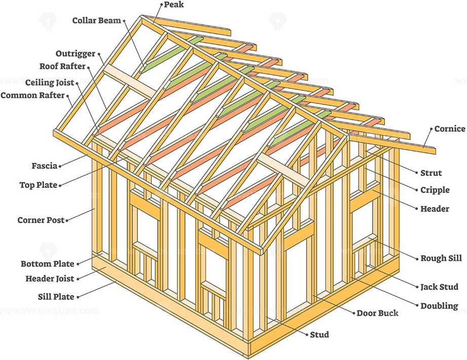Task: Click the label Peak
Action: tap(173, 5)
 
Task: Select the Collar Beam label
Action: tap(96, 21)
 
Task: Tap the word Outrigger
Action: tap(76, 54)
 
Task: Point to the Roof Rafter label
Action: tap(62, 66)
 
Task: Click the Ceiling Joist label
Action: tap(50, 82)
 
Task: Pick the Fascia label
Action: tap(44, 165)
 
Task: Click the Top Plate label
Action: tap(38, 185)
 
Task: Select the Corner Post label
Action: tap(41, 220)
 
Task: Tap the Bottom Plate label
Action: tap(47, 264)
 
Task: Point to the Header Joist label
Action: tap(50, 278)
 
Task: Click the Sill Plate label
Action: tap(56, 297)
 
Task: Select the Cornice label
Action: tap(449, 129)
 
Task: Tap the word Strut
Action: tap(431, 173)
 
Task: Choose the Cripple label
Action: tap(435, 190)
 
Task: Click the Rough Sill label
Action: tap(441, 258)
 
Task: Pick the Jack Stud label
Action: tap(439, 287)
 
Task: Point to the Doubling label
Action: tap(439, 306)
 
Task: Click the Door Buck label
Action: tap(377, 313)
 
